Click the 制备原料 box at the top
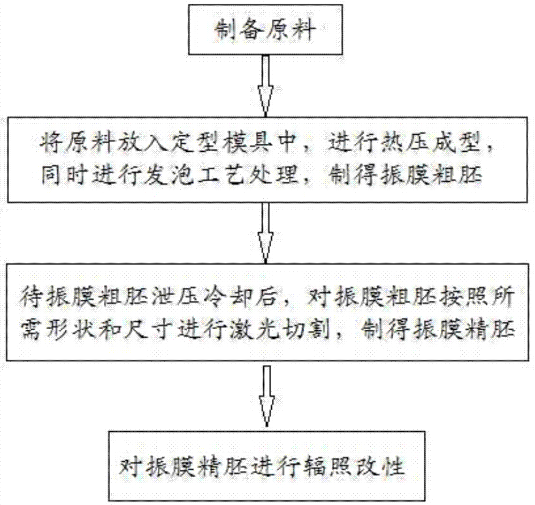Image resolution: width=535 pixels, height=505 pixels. tap(265, 29)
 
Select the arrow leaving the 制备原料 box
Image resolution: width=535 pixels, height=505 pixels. tap(265, 85)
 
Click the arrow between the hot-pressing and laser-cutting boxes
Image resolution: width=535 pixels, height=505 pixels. tap(265, 233)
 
